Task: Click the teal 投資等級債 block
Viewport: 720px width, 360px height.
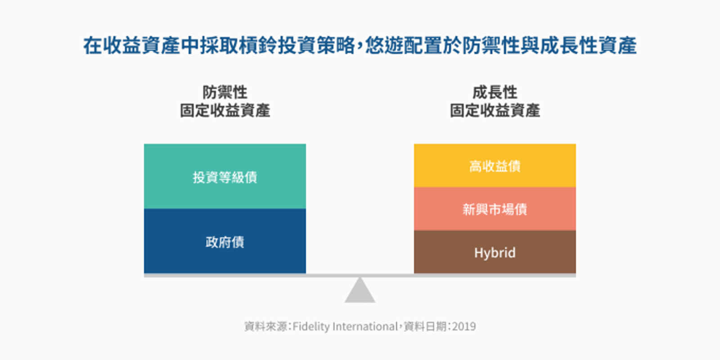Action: pyautogui.click(x=225, y=176)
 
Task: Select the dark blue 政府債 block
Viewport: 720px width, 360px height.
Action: pyautogui.click(x=225, y=241)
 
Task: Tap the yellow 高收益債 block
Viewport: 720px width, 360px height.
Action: pyautogui.click(x=495, y=166)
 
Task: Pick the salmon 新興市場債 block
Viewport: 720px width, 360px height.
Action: pyautogui.click(x=495, y=209)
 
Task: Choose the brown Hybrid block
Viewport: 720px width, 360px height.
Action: pyautogui.click(x=495, y=252)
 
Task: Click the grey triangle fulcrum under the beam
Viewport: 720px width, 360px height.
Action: pyautogui.click(x=360, y=290)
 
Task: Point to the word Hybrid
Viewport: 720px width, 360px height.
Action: pyautogui.click(x=495, y=253)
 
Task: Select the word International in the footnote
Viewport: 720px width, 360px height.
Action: pyautogui.click(x=365, y=327)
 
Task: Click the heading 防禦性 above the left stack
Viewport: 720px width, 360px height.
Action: pyautogui.click(x=225, y=93)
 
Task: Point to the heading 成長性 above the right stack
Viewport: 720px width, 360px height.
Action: pyautogui.click(x=495, y=93)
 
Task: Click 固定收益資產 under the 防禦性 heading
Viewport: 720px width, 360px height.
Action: pyautogui.click(x=225, y=111)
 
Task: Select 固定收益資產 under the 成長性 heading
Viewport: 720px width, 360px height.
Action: pyautogui.click(x=495, y=111)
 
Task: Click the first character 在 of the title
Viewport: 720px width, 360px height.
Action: pyautogui.click(x=93, y=45)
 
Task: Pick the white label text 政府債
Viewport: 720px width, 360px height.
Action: pyautogui.click(x=225, y=242)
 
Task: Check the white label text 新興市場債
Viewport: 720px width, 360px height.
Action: pyautogui.click(x=495, y=210)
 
